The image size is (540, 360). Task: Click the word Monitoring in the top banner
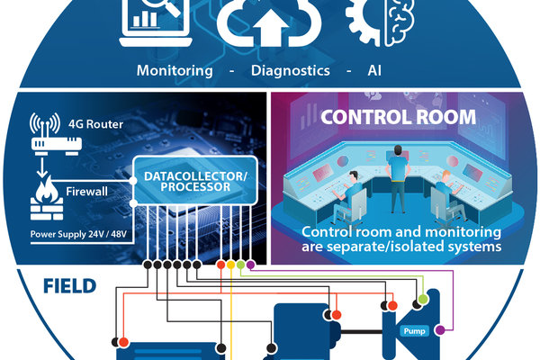175,70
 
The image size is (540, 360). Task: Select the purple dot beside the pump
439,330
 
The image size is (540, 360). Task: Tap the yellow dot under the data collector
231,265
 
